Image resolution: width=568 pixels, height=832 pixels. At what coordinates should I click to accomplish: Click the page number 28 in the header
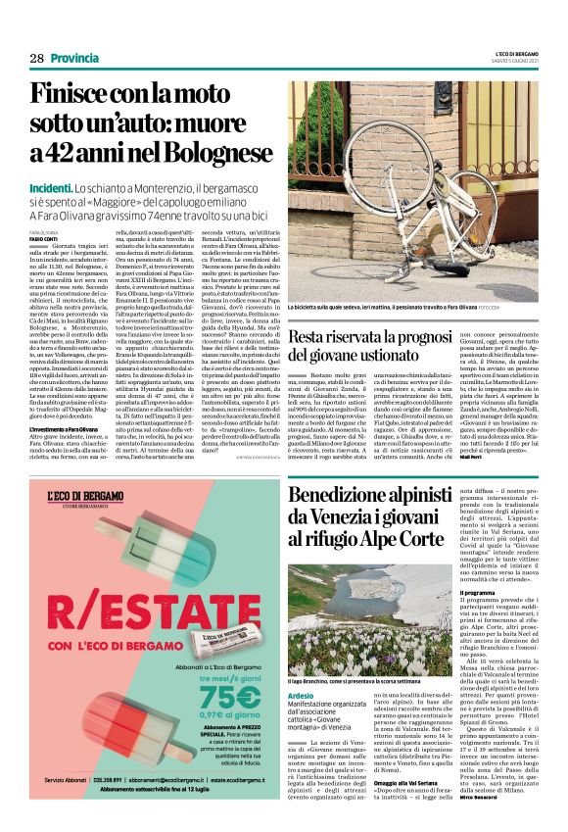tap(36, 58)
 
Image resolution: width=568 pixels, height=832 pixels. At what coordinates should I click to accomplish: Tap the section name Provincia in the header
tap(72, 58)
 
